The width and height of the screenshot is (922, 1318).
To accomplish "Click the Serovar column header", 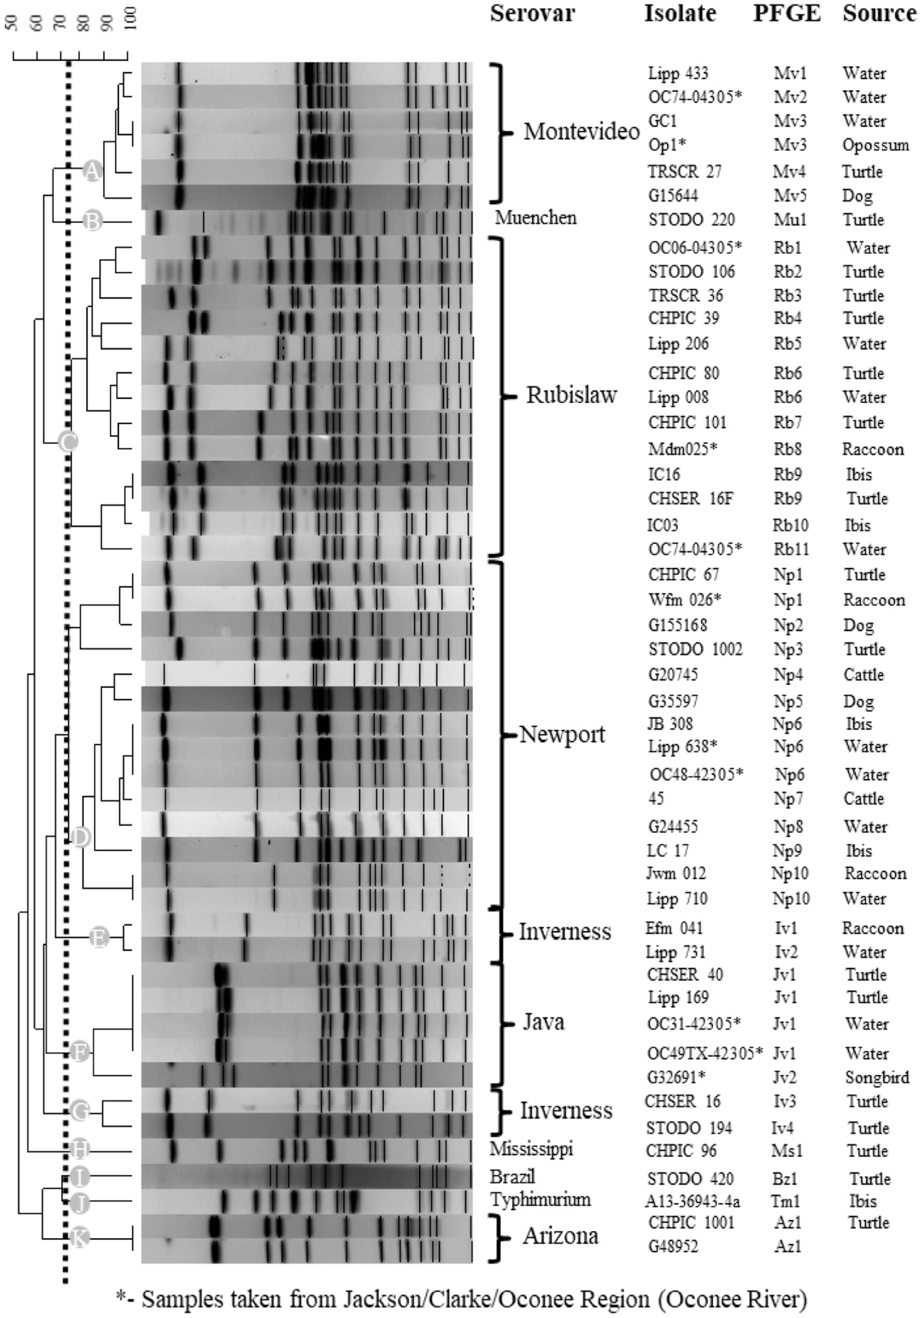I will pos(532,13).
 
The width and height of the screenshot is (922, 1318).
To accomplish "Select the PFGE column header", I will pos(787,13).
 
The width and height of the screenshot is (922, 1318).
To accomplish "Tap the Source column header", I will pos(879,13).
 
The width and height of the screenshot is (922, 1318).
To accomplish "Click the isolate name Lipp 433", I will pos(678,73).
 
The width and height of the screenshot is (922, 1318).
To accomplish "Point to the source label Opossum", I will pos(875,145).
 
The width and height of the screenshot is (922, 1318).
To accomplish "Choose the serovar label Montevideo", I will pos(581,131).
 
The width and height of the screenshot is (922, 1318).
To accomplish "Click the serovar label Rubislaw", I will pos(571,395).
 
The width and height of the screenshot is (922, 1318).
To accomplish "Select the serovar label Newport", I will pos(562,734).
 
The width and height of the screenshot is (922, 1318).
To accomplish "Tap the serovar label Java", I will pos(543,1021).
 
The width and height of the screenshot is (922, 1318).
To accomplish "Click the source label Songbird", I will pos(876,1077).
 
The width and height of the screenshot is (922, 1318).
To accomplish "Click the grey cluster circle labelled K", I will pos(79,1236).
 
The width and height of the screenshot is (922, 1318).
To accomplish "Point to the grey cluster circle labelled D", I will pos(80,836).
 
